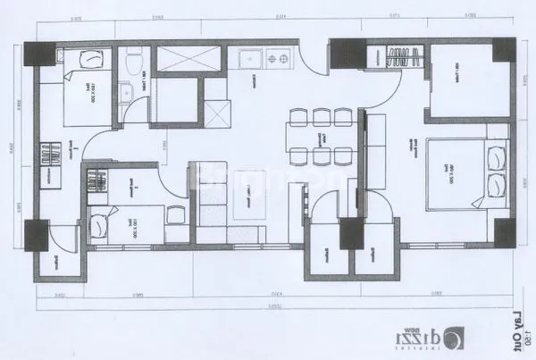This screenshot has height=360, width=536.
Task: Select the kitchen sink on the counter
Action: click(x=248, y=61)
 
